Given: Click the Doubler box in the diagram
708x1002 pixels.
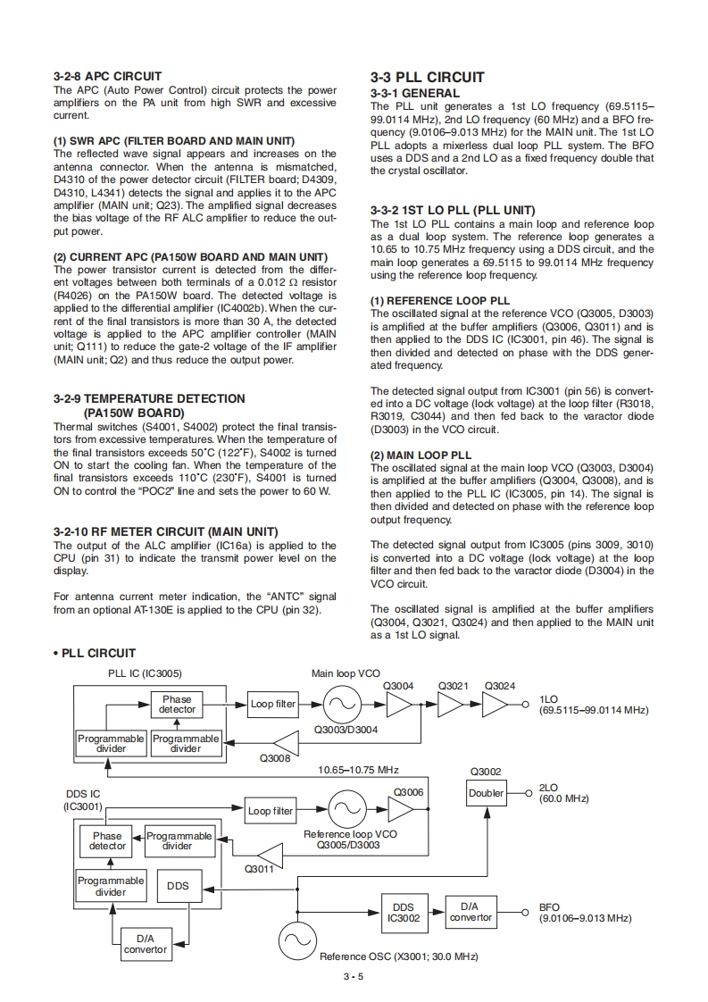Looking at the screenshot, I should (x=487, y=793).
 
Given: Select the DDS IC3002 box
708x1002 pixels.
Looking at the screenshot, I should (x=403, y=912).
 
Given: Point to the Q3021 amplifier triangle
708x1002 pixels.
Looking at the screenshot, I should (x=451, y=704).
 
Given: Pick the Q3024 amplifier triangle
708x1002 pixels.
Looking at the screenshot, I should (x=496, y=704).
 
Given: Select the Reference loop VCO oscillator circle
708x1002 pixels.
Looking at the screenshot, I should (x=344, y=811).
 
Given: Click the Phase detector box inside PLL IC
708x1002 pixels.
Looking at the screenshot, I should (x=177, y=705).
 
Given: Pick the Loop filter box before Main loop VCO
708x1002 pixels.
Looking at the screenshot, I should (x=272, y=704).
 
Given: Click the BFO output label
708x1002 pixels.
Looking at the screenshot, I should (x=549, y=906).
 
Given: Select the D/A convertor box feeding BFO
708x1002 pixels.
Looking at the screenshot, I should (x=471, y=912).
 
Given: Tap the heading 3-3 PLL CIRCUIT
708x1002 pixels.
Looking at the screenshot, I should (x=427, y=78).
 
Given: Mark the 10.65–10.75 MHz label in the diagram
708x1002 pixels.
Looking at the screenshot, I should (x=358, y=769).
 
